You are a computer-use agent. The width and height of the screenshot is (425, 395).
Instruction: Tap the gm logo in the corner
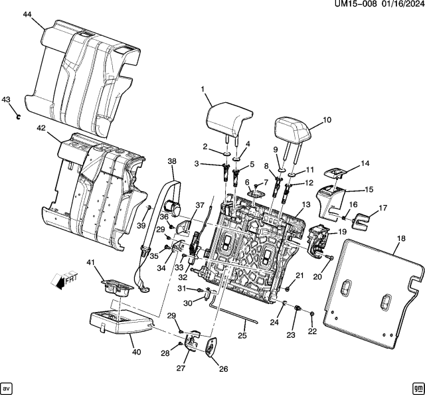[416, 387]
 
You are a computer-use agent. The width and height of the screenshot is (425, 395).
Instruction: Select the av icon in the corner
[7, 387]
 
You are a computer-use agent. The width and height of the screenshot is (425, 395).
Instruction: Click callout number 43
[6, 100]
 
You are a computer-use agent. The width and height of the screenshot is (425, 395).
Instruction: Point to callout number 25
[242, 336]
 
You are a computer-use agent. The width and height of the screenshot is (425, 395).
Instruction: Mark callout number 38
[172, 161]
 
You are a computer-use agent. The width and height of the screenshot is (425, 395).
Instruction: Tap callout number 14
[364, 163]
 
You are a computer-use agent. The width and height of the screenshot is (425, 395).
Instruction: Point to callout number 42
[41, 128]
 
